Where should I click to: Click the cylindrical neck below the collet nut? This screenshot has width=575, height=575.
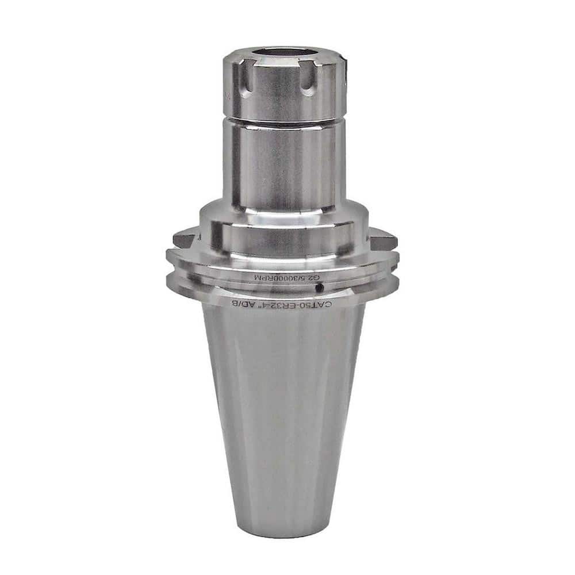pos(283,167)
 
